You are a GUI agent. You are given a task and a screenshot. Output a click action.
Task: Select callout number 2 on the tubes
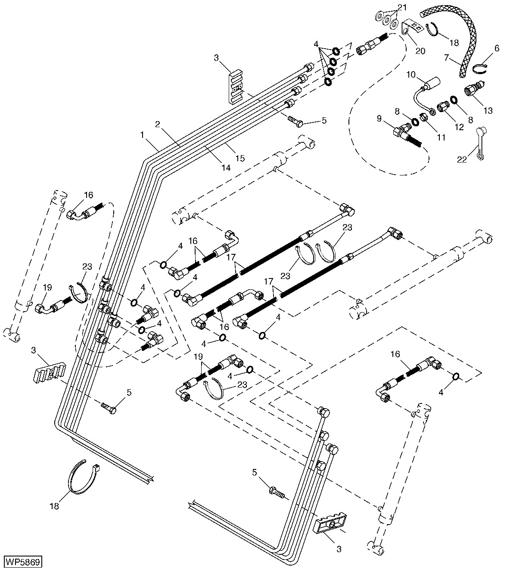(x=158, y=124)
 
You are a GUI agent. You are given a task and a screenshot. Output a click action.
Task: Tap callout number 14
(x=226, y=167)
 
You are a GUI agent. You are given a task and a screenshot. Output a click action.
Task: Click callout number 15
(x=240, y=158)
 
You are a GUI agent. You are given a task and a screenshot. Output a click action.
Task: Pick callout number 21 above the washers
(x=402, y=7)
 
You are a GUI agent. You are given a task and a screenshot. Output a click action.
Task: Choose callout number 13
(x=488, y=110)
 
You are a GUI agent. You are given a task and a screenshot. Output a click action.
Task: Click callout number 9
(x=379, y=118)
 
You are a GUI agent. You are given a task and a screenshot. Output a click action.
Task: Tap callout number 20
(x=420, y=51)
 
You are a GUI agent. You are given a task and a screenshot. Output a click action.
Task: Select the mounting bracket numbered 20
(x=410, y=28)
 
